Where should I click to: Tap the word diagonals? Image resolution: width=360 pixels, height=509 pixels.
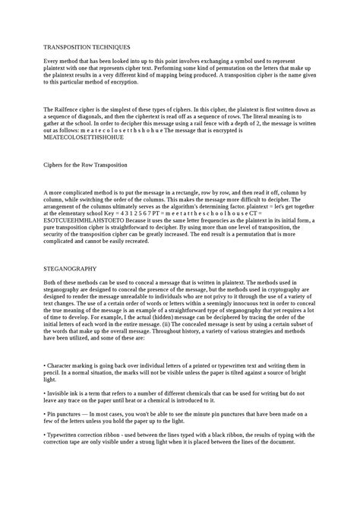point(92,119)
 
